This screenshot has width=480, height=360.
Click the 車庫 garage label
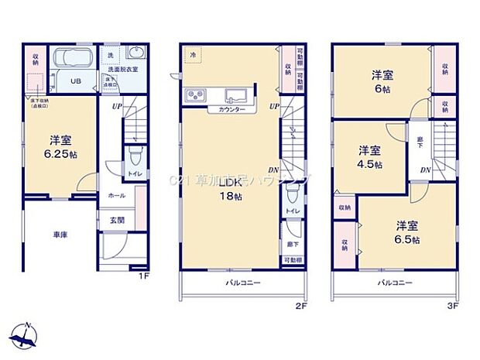coord(60,234)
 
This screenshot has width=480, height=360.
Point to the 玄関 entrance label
coord(114,221)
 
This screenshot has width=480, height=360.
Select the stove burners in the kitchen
coord(194,96)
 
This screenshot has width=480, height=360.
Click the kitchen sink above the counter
coord(234,96)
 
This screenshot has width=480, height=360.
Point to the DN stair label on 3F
coord(425,170)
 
